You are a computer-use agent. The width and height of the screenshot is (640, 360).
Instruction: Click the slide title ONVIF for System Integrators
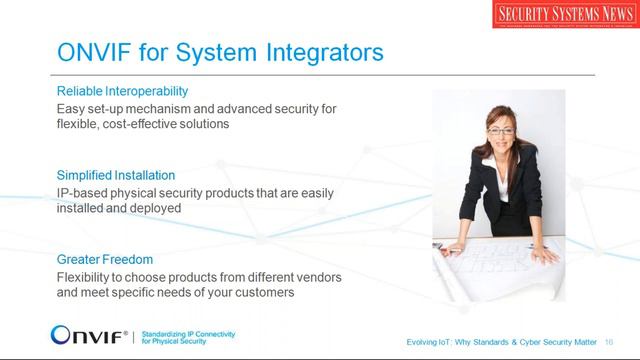click(x=219, y=51)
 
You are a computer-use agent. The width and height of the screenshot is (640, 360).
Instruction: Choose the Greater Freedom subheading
click(x=105, y=258)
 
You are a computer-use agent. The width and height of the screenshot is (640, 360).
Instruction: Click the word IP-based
click(x=79, y=192)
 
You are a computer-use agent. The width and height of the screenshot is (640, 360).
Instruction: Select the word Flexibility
click(x=88, y=276)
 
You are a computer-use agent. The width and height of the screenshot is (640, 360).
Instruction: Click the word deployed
click(x=156, y=209)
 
